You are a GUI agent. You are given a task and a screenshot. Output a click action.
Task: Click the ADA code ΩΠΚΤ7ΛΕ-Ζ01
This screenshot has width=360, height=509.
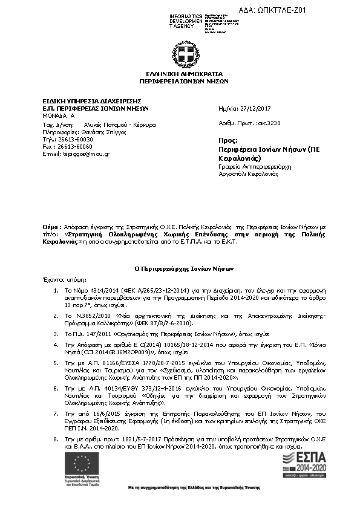click(x=282, y=10)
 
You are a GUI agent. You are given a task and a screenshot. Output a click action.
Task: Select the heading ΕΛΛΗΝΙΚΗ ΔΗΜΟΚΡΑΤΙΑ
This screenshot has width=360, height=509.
click(x=183, y=73)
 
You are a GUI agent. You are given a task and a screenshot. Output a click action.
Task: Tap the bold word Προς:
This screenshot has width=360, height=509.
click(x=227, y=139)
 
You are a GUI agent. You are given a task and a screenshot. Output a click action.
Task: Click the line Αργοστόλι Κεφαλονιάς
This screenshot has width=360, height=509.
click(x=248, y=173)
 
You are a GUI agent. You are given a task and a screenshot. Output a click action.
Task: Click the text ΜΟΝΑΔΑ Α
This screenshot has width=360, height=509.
click(x=58, y=115)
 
